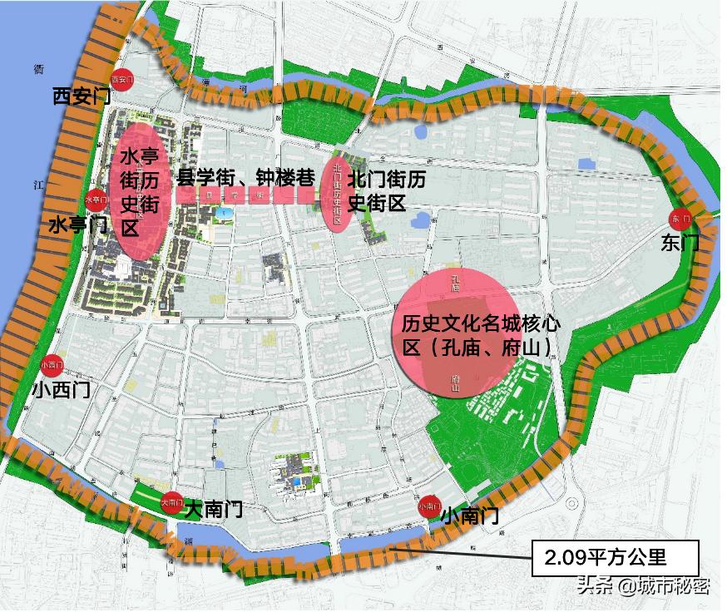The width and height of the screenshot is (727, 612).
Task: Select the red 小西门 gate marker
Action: (x=52, y=363)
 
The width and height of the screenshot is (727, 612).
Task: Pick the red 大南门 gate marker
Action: (x=171, y=502)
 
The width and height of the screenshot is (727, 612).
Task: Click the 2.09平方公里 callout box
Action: (x=615, y=555)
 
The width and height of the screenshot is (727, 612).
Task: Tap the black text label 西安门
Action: (x=81, y=96)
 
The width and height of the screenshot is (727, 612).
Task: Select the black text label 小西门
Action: (x=60, y=389)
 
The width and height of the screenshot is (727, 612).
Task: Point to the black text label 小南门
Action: (x=469, y=516)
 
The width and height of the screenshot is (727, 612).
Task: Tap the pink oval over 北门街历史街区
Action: (x=338, y=191)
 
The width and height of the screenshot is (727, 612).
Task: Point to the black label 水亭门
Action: (x=77, y=225)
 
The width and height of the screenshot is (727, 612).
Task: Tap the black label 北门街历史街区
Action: (x=387, y=190)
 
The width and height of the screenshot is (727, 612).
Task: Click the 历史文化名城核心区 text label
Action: (x=477, y=335)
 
